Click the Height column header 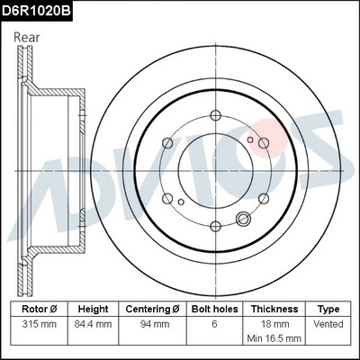point(93,308)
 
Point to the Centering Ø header point(152,308)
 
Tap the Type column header point(328,308)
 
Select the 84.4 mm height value point(93,322)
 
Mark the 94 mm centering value point(152,322)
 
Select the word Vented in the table point(328,322)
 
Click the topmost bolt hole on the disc point(216,114)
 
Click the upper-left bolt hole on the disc point(168,141)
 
